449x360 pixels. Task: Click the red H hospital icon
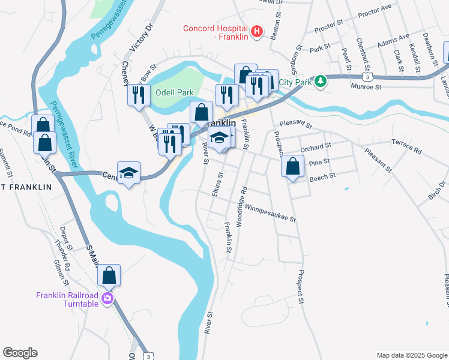257,32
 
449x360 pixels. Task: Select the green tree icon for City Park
321,81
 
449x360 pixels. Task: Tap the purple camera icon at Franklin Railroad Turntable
107,299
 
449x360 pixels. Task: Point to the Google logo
20,353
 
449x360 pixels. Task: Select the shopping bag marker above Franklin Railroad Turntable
109,275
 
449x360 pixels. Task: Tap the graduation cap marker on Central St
128,173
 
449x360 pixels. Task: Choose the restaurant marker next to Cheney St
138,94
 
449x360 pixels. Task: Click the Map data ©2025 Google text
411,355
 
